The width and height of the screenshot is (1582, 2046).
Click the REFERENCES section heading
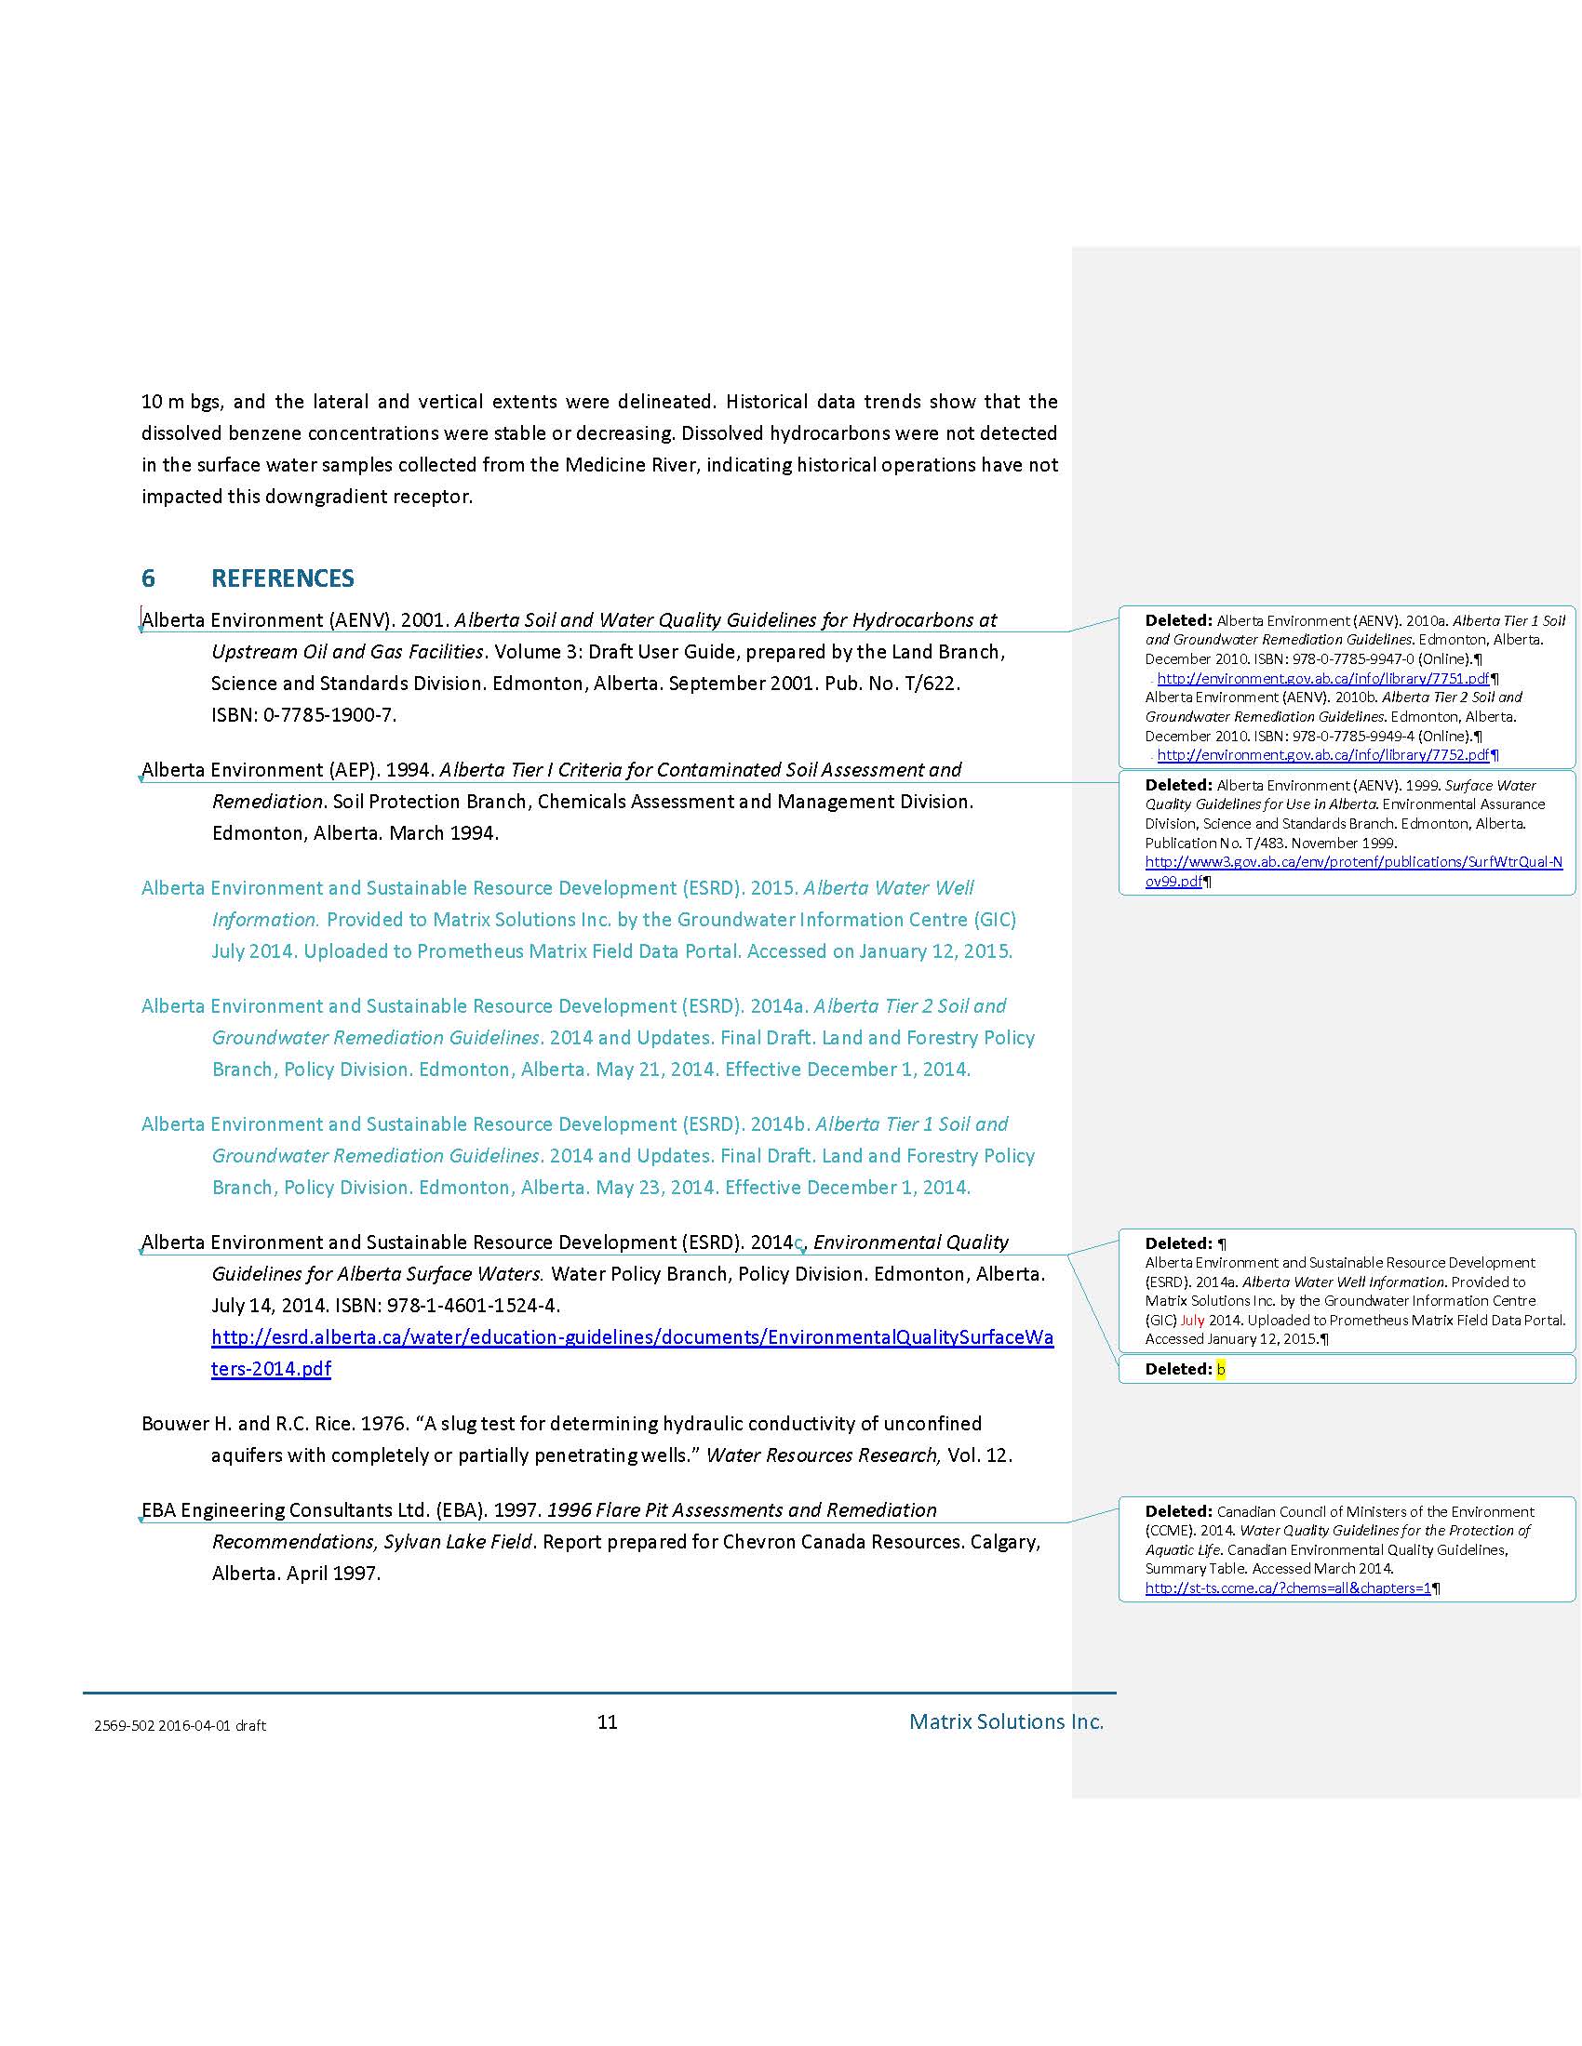coord(282,578)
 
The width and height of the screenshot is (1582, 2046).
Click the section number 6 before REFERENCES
coord(148,578)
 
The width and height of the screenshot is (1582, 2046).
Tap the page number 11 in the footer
coord(608,1721)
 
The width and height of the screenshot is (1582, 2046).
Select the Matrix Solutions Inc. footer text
coord(1006,1721)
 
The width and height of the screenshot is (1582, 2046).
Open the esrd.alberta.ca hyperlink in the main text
coord(632,1337)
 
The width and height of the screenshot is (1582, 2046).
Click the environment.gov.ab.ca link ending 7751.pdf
coord(1322,678)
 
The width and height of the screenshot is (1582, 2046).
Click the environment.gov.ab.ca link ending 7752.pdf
coord(1322,754)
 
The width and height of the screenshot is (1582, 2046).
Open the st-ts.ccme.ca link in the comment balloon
coord(1288,1588)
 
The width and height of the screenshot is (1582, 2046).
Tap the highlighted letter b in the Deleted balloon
coord(1221,1369)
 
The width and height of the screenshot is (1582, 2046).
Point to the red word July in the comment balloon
coord(1192,1320)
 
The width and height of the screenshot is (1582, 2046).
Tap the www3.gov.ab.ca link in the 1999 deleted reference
coord(1353,862)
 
